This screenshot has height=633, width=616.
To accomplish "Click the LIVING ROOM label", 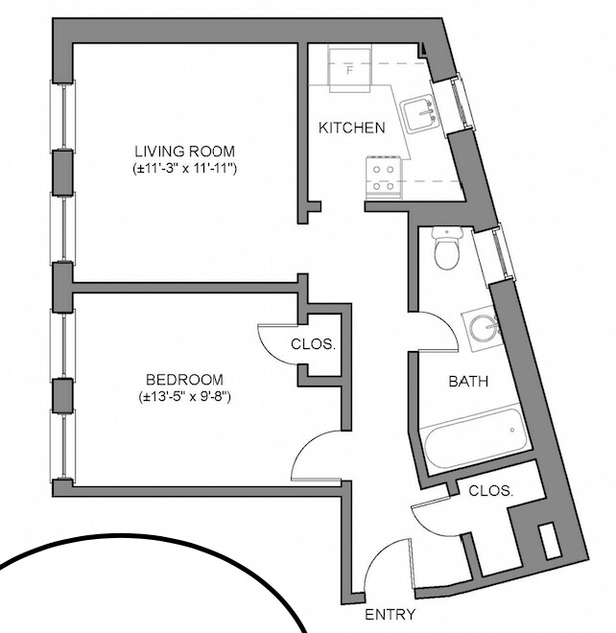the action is [184, 152].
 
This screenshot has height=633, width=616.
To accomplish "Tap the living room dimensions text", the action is [184, 168].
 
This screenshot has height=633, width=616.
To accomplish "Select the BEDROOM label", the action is [185, 379].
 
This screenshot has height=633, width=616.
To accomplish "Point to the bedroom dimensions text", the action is [185, 395].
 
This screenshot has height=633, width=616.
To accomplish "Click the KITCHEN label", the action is [352, 128].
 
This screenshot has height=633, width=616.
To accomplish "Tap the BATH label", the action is [469, 382].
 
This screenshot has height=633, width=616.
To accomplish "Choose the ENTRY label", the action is [391, 615].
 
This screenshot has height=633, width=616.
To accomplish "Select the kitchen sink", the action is [420, 114].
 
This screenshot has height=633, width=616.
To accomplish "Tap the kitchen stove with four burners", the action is [386, 177].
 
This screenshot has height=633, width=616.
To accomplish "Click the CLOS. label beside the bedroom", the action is [313, 344].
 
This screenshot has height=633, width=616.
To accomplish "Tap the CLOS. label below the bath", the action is [491, 490].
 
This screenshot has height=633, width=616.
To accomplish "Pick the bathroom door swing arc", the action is [438, 332].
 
